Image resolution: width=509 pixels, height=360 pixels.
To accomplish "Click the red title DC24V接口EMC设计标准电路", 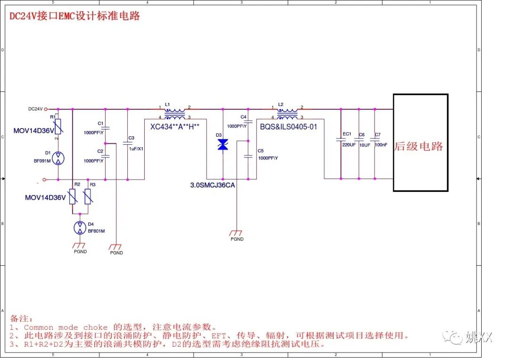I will click(75, 16).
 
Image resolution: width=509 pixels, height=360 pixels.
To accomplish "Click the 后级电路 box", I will click(420, 142).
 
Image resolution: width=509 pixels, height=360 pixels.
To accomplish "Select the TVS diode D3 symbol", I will click(222, 145).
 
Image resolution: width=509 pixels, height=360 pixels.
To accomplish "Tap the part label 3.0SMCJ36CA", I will click(213, 185).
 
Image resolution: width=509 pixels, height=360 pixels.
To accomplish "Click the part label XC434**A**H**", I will click(175, 126).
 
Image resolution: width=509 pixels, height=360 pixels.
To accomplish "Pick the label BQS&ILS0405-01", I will click(288, 126).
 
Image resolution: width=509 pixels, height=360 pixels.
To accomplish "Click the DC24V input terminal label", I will click(35, 109).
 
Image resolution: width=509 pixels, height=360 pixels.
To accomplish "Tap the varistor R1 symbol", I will click(58, 126).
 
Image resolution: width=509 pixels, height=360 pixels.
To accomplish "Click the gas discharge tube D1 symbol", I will click(58, 158).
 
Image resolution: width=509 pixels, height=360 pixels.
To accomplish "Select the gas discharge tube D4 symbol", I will click(80, 228).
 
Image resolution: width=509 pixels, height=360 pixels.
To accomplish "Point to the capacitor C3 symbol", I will click(127, 142).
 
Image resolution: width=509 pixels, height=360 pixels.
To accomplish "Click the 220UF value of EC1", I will click(349, 145).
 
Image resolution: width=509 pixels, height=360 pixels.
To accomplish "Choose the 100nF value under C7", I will click(381, 145).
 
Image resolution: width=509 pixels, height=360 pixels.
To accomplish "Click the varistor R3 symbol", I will click(87, 196).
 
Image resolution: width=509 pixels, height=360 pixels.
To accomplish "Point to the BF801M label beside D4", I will click(96, 231).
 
